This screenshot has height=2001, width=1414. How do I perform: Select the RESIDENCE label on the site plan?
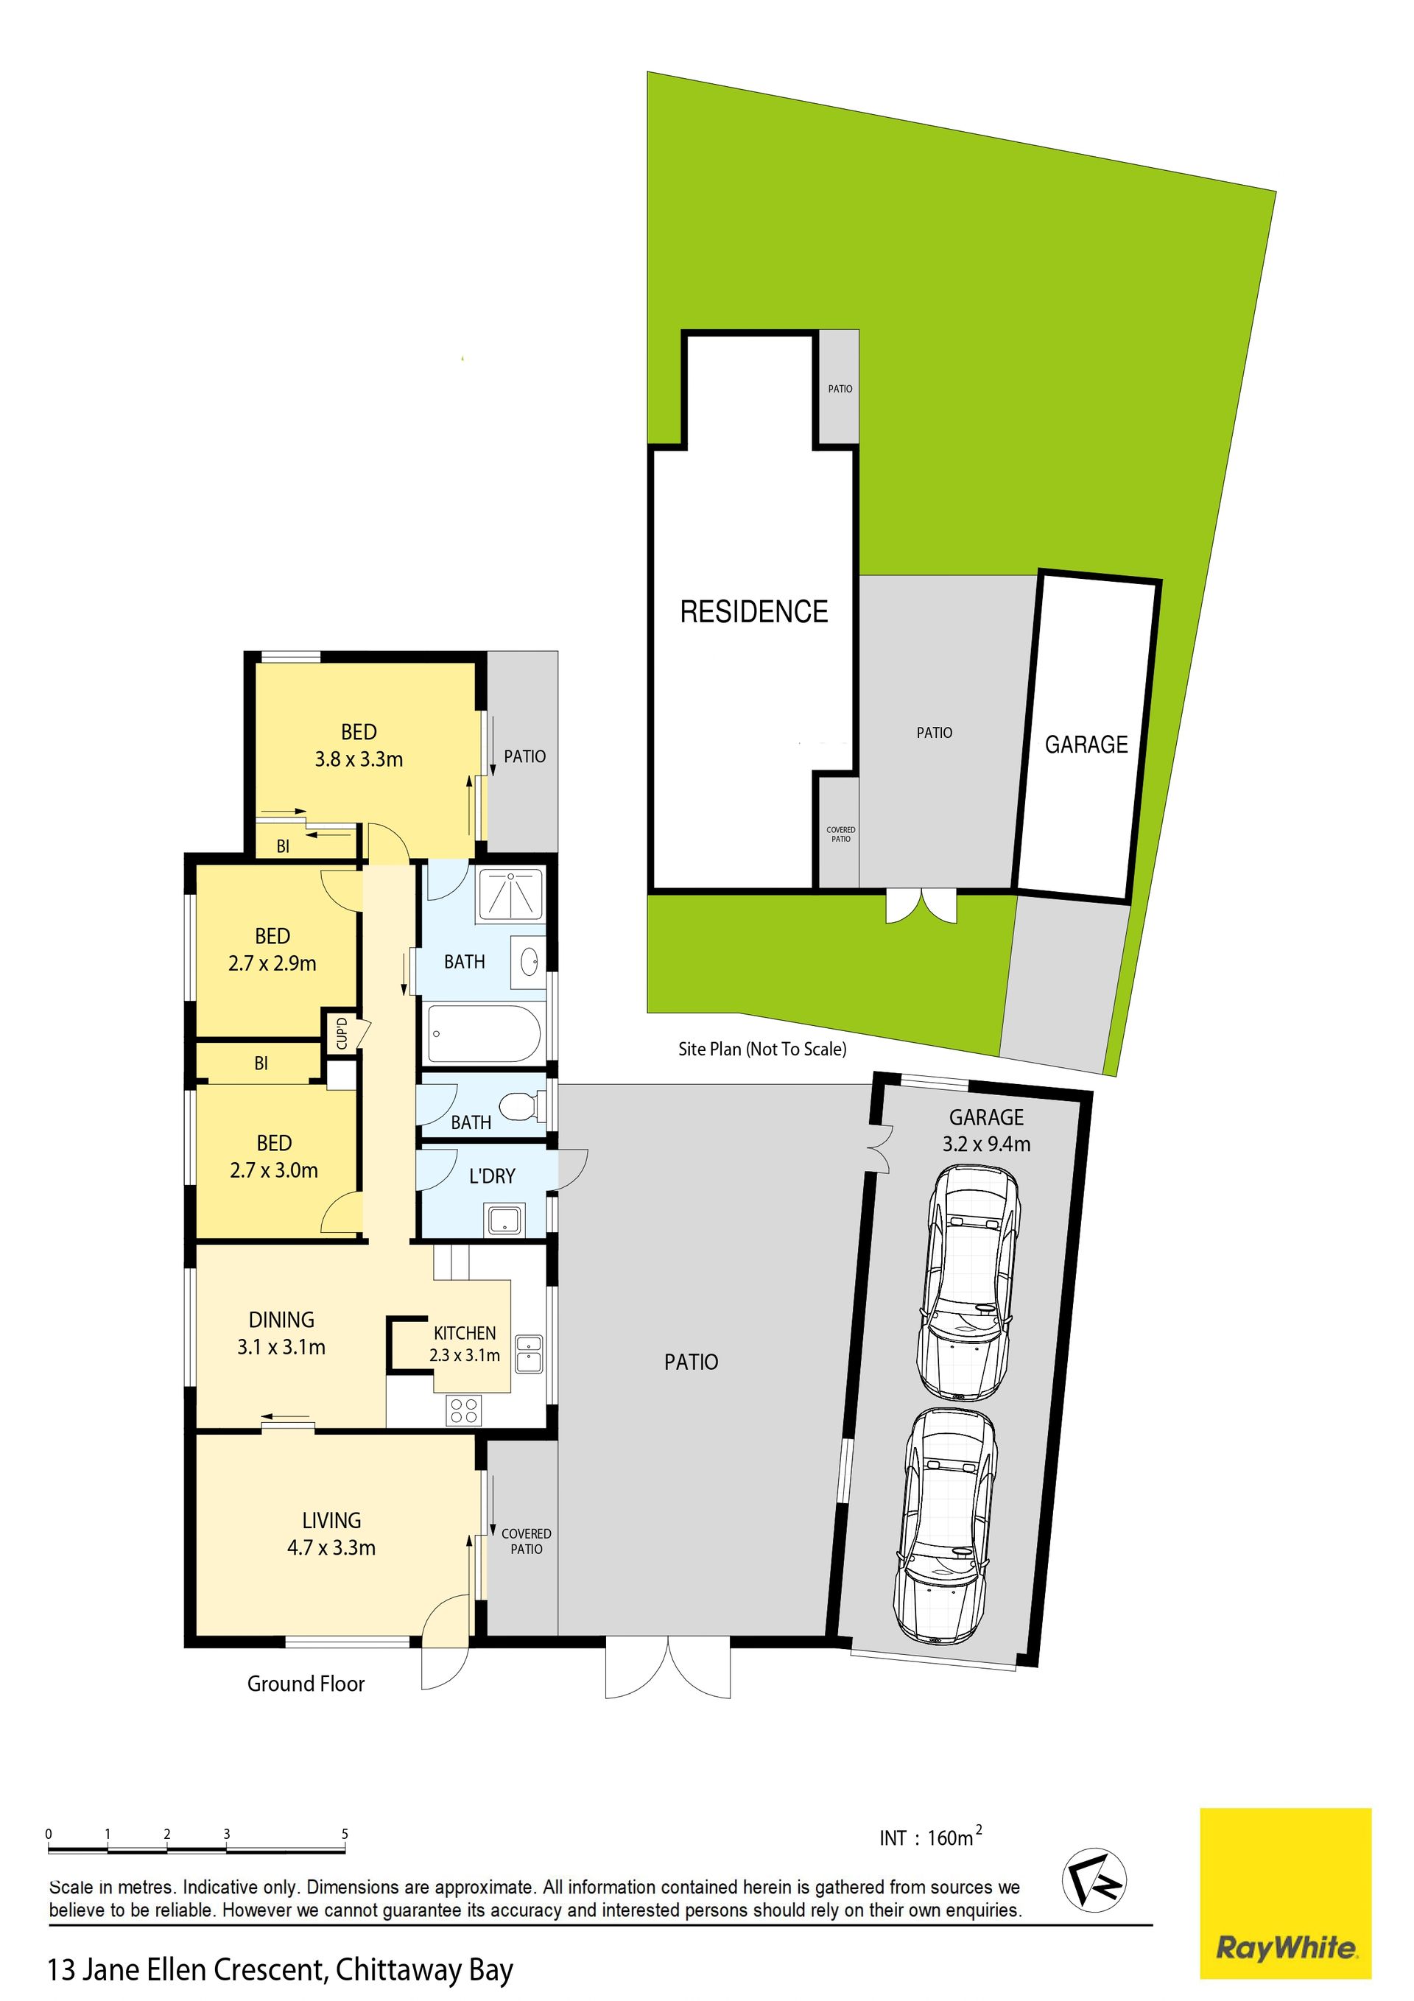click(x=754, y=612)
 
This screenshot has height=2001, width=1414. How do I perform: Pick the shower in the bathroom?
click(x=510, y=895)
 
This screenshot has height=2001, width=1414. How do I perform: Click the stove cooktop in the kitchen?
click(x=464, y=1410)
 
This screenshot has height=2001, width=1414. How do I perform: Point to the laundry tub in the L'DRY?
click(x=504, y=1220)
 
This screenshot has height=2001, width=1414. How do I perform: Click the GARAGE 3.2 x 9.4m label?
click(x=987, y=1130)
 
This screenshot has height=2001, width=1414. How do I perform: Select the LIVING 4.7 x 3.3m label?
click(x=331, y=1534)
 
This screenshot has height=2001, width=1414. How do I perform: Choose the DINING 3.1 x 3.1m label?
click(x=281, y=1334)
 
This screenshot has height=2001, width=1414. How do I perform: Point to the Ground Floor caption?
click(x=306, y=1684)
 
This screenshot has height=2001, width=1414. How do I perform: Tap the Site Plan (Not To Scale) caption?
click(x=763, y=1049)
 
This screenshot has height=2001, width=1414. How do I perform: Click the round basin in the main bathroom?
click(x=530, y=962)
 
